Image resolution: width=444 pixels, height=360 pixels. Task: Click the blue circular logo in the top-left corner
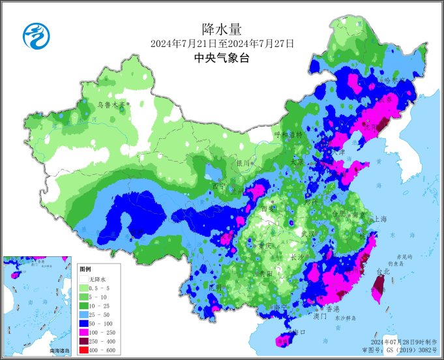(x=37, y=35)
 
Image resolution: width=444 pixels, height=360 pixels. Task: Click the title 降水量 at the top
(x=222, y=29)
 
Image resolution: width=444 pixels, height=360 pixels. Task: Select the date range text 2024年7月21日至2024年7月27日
(x=222, y=44)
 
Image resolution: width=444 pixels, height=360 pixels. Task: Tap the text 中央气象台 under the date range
(x=222, y=58)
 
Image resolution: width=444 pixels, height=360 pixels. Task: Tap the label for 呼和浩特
(x=288, y=134)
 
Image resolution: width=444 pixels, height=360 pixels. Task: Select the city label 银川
(x=243, y=163)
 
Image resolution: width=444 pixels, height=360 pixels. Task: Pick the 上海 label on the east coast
(x=379, y=219)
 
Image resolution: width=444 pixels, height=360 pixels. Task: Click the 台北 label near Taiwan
(x=382, y=271)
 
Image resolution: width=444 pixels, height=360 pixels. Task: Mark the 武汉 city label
(x=308, y=233)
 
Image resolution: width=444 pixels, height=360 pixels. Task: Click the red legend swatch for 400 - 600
(x=85, y=351)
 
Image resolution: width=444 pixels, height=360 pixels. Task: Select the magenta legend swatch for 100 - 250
(x=85, y=333)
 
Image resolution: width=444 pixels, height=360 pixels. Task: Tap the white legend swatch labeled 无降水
(x=85, y=278)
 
